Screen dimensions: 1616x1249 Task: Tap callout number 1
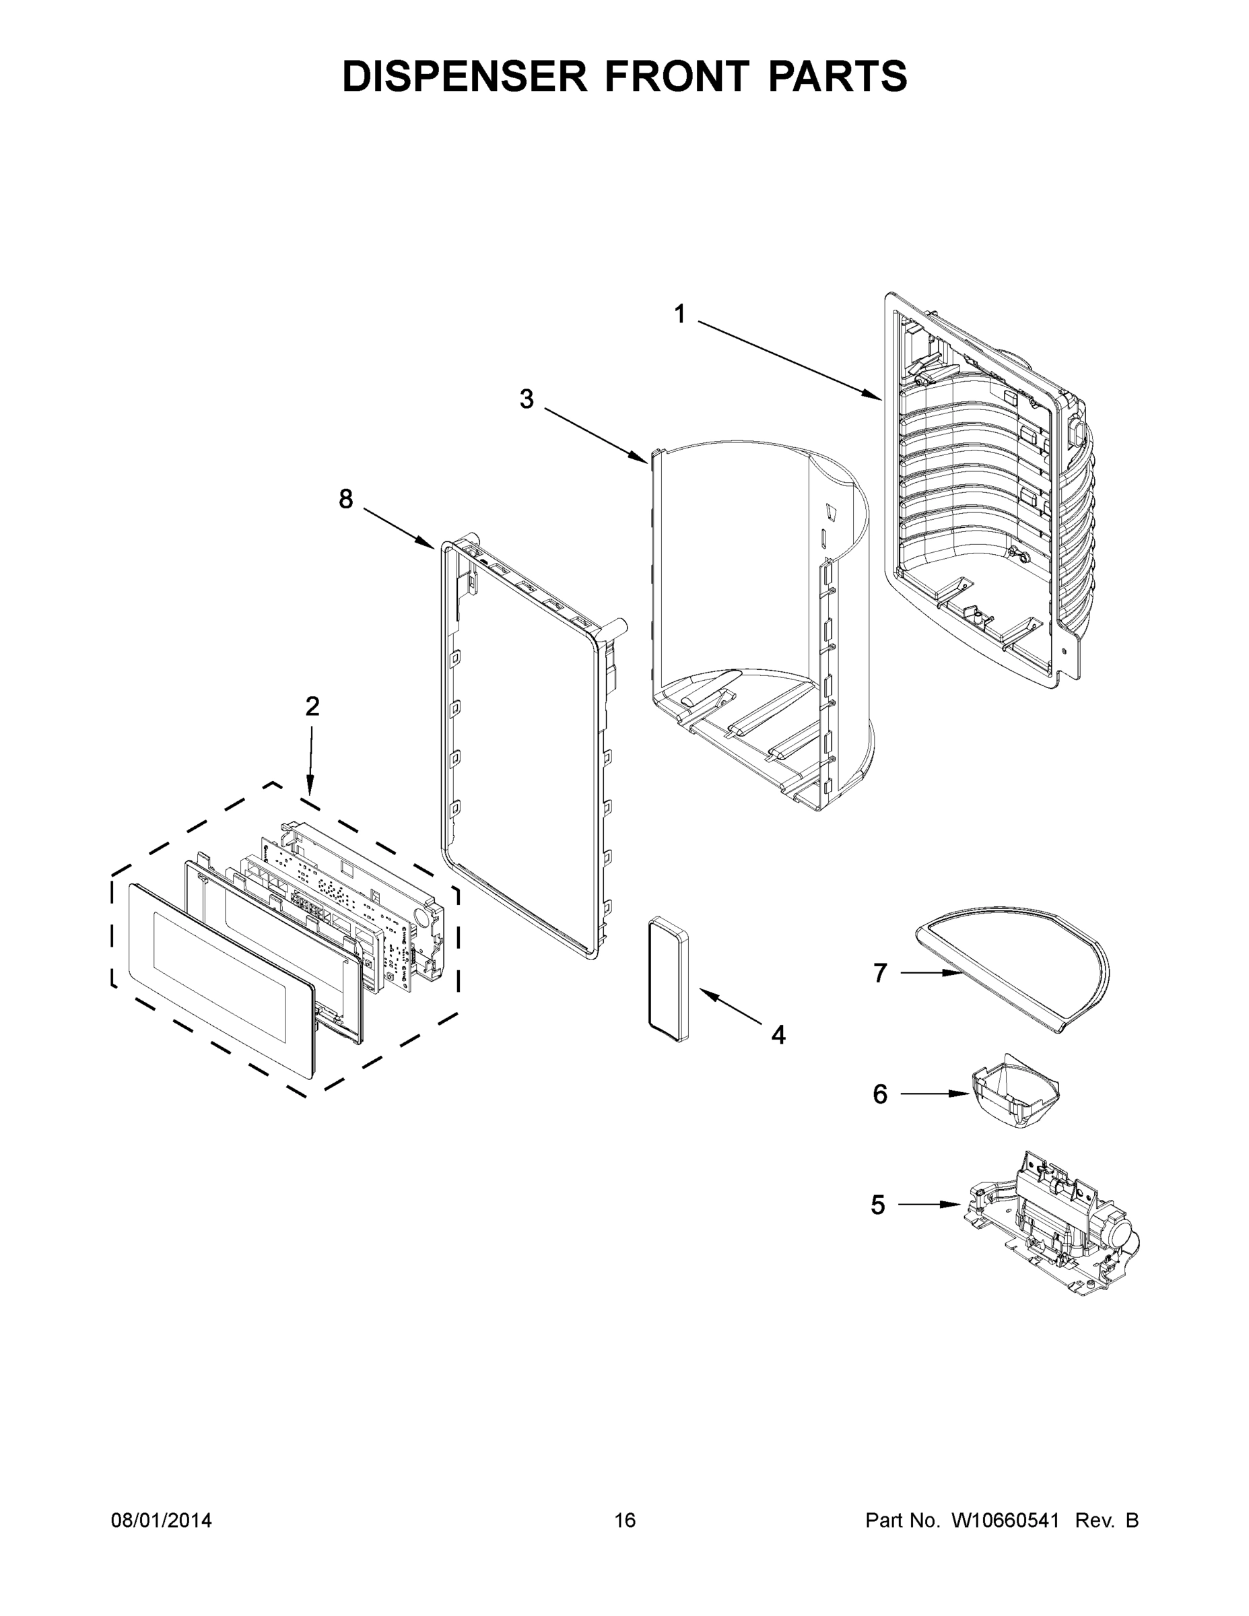(679, 314)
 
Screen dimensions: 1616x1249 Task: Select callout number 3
(525, 399)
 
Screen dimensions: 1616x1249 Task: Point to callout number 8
(345, 500)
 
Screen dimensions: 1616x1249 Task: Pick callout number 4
(778, 1034)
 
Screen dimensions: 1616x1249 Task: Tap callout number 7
(879, 973)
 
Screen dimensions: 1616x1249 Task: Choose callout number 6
(879, 1093)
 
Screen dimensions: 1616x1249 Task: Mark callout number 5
(877, 1205)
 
